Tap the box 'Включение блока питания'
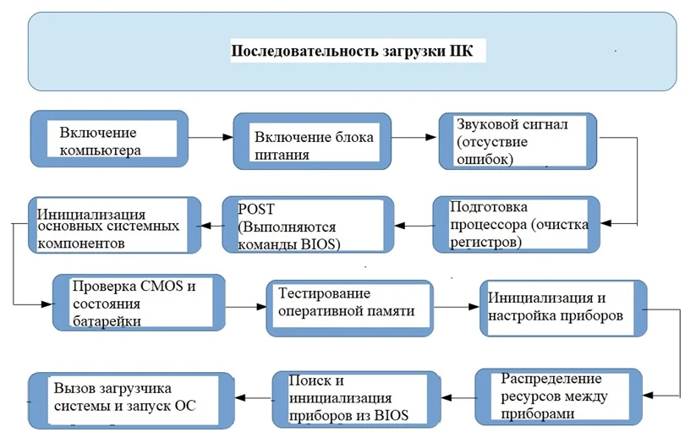pyautogui.click(x=313, y=144)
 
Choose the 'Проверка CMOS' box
pyautogui.click(x=139, y=303)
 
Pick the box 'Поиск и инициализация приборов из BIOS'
pyautogui.click(x=355, y=399)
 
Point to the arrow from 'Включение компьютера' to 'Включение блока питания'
pyautogui.click(x=211, y=136)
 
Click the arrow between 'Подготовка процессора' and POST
pyautogui.click(x=414, y=226)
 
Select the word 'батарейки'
pyautogui.click(x=106, y=320)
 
